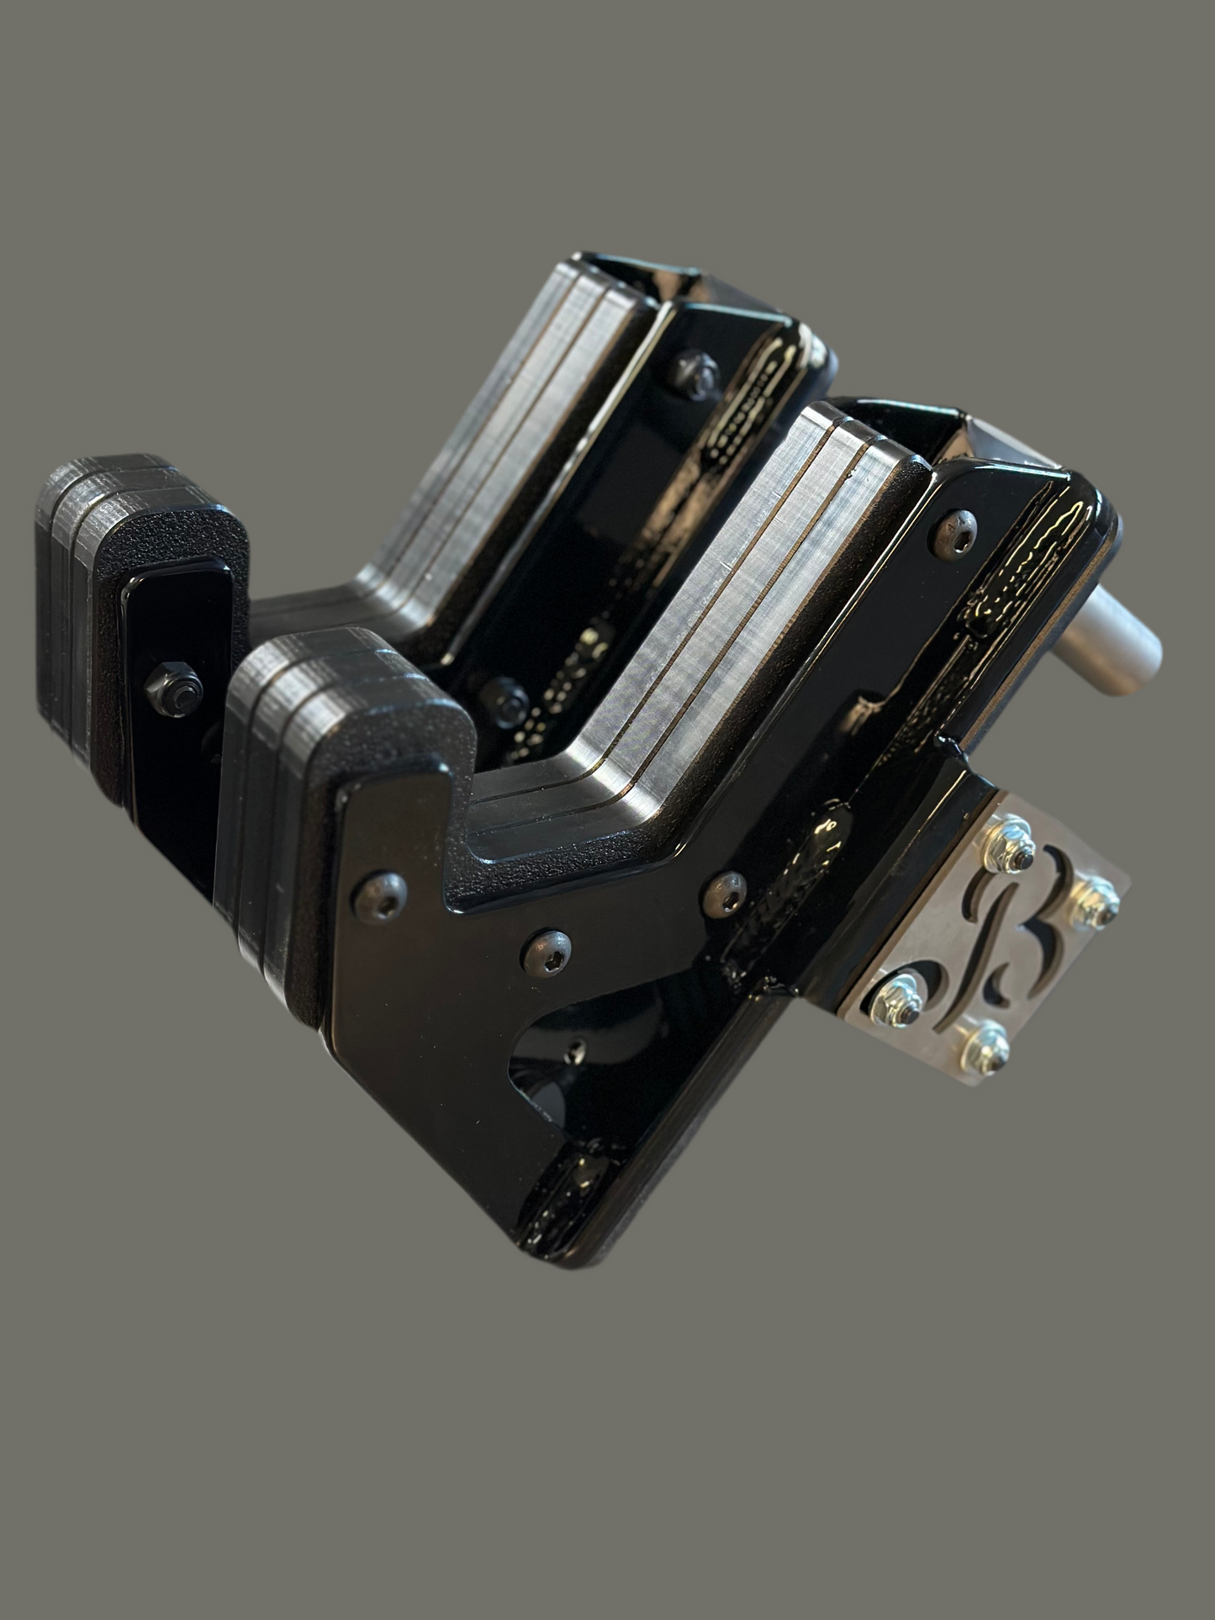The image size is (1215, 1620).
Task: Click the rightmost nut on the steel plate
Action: (1095, 900)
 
